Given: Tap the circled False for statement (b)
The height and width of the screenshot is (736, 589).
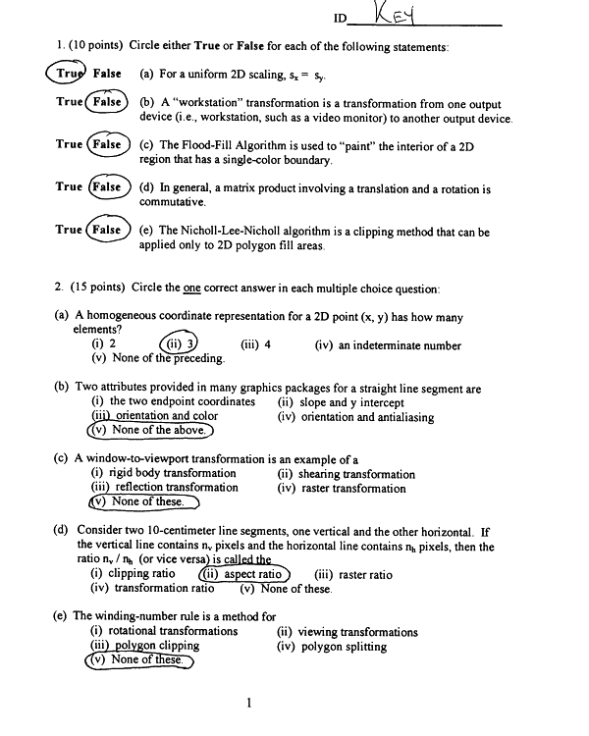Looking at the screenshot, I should (x=106, y=102).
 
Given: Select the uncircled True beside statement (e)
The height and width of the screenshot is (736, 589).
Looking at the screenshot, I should (x=69, y=230).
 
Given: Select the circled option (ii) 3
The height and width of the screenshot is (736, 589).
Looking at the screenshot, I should (x=179, y=343).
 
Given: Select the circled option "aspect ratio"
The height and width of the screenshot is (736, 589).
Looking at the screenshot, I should (x=244, y=574).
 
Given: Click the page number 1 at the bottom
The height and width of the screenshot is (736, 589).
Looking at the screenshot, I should (x=251, y=702).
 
